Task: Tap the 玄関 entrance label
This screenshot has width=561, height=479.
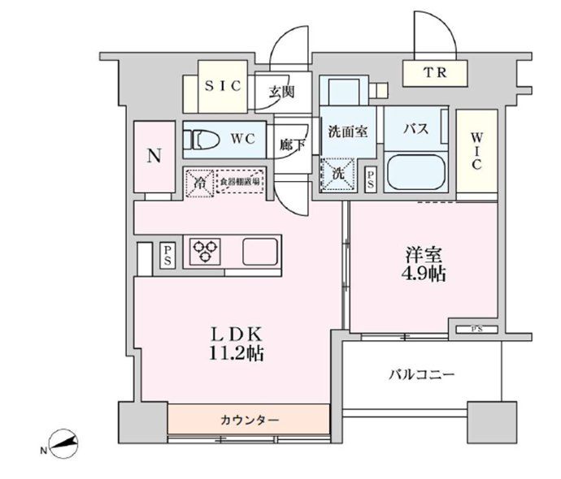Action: [281, 90]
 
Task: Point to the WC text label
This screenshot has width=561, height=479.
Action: [242, 139]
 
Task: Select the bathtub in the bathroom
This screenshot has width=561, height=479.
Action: [416, 173]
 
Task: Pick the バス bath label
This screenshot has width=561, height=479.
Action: [416, 129]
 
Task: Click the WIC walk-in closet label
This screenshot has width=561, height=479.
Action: [475, 151]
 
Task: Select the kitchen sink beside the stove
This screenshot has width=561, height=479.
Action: [259, 252]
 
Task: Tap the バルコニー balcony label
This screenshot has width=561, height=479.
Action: [420, 374]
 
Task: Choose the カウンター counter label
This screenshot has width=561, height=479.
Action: [250, 420]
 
